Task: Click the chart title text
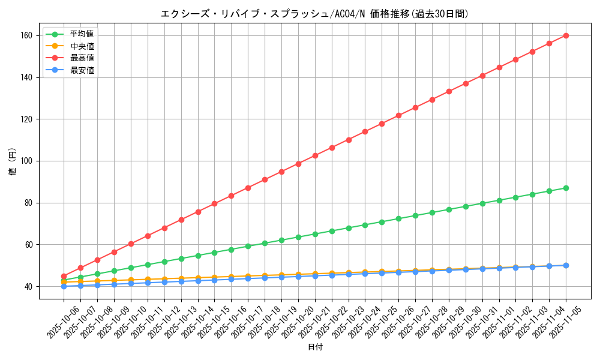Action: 314,14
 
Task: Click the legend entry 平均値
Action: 82,34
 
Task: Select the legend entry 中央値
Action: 82,46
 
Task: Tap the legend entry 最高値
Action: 82,58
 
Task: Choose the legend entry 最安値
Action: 82,70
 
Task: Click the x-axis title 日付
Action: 314,347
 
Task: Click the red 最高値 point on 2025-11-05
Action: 566,35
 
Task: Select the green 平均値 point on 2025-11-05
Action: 566,188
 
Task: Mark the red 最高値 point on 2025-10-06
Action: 64,276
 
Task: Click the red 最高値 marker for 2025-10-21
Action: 315,155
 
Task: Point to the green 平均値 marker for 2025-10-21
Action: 315,234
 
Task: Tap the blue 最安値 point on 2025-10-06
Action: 64,286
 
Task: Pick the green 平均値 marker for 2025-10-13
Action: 181,259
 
